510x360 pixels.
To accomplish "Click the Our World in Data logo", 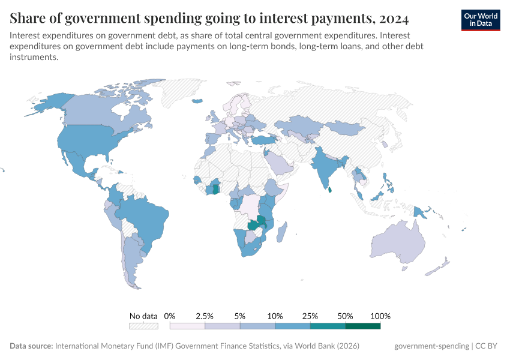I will tap(480, 20).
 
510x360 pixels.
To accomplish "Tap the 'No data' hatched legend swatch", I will tap(143, 326).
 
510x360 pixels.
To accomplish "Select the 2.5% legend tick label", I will tap(205, 316).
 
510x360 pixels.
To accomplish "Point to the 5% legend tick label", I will tap(240, 316).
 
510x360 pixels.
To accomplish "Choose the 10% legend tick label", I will tap(275, 316).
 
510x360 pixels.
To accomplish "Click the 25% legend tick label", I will tap(310, 316).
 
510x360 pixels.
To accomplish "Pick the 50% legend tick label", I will tap(345, 316).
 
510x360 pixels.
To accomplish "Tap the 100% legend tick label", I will tap(380, 316).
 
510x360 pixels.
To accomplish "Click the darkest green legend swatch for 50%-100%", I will tap(363, 326).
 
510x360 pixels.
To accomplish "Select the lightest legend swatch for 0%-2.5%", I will tap(187, 326).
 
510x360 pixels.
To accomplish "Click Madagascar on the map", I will tap(282, 231).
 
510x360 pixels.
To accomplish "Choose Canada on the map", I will tap(96, 111).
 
